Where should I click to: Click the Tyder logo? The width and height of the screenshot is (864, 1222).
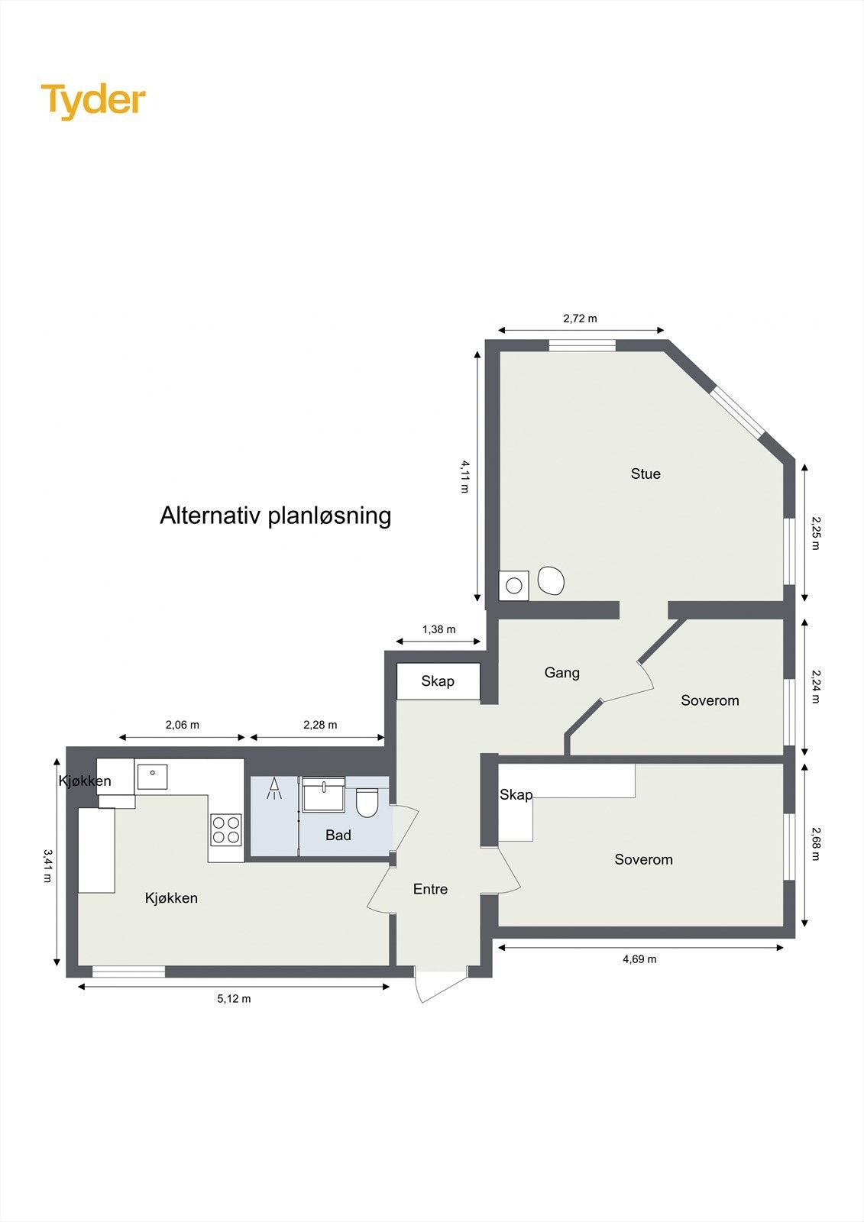pyautogui.click(x=93, y=100)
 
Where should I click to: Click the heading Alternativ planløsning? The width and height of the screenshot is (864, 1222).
pyautogui.click(x=275, y=516)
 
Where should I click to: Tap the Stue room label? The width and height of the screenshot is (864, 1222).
pyautogui.click(x=646, y=474)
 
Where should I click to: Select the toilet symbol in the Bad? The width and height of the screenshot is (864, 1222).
pyautogui.click(x=367, y=803)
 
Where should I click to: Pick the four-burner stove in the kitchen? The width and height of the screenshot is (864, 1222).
pyautogui.click(x=226, y=829)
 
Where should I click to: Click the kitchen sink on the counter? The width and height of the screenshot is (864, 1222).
pyautogui.click(x=153, y=776)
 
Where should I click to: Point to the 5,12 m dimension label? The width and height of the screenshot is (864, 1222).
pyautogui.click(x=234, y=999)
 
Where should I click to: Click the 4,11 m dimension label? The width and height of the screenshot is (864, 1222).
pyautogui.click(x=464, y=476)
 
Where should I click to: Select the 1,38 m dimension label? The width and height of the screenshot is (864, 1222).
pyautogui.click(x=438, y=629)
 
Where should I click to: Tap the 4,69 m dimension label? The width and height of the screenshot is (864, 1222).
pyautogui.click(x=639, y=959)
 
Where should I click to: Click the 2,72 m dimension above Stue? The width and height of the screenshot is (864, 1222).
pyautogui.click(x=580, y=318)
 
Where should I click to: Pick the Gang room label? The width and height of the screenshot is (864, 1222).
pyautogui.click(x=561, y=673)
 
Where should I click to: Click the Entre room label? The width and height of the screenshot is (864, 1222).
pyautogui.click(x=430, y=889)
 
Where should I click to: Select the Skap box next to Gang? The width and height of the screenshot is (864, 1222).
pyautogui.click(x=438, y=681)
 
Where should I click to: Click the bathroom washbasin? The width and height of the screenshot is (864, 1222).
pyautogui.click(x=324, y=795)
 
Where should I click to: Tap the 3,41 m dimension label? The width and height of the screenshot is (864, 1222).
pyautogui.click(x=47, y=865)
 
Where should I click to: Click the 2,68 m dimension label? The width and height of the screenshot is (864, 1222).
pyautogui.click(x=815, y=843)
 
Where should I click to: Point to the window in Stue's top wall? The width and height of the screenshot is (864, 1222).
pyautogui.click(x=582, y=345)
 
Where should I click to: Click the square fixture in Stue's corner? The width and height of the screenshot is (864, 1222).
pyautogui.click(x=514, y=586)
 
